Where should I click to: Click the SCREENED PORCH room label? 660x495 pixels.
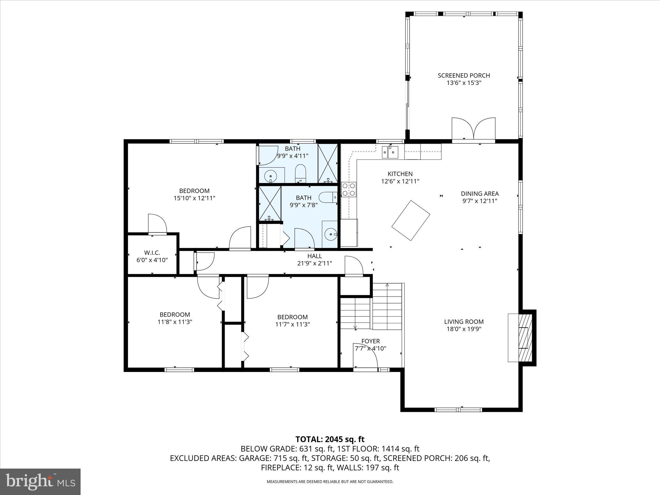(x=464, y=75)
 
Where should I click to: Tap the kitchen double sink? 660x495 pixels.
(x=390, y=152)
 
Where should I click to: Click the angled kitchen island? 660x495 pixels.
(x=411, y=220)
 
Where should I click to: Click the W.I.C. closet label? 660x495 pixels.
(x=152, y=253)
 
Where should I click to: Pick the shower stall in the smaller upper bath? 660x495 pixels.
(x=327, y=163)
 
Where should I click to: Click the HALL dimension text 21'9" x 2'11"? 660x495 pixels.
(x=315, y=263)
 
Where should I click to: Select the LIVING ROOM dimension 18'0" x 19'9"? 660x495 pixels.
(x=464, y=329)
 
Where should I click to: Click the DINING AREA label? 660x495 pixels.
(x=480, y=194)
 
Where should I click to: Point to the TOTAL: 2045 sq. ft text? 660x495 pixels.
(x=330, y=439)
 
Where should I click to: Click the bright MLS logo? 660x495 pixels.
(x=40, y=482)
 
